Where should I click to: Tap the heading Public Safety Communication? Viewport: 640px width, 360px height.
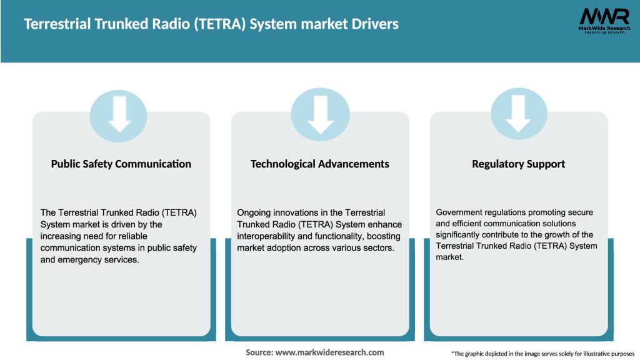pyautogui.click(x=121, y=164)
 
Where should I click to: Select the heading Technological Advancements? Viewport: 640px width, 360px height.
pyautogui.click(x=319, y=164)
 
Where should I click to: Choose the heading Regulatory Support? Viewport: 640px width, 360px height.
pyautogui.click(x=518, y=164)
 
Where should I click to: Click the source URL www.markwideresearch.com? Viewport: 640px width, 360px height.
pyautogui.click(x=329, y=352)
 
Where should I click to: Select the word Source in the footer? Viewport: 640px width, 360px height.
pyautogui.click(x=259, y=352)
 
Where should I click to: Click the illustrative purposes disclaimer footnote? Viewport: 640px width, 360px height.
pyautogui.click(x=542, y=354)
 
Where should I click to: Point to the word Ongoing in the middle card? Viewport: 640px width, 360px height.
pyautogui.click(x=254, y=212)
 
